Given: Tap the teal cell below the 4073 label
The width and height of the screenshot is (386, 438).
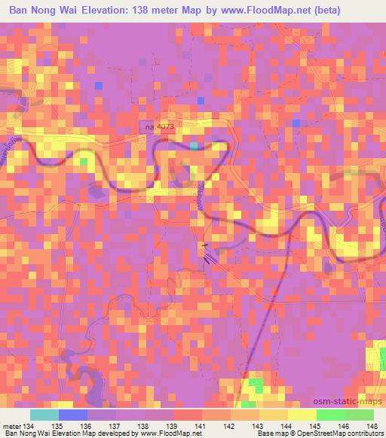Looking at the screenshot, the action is coord(195,145).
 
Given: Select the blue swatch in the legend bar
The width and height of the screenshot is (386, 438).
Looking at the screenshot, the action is coord(72,415).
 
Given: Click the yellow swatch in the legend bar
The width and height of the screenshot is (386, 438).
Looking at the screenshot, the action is coord(302,415).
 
